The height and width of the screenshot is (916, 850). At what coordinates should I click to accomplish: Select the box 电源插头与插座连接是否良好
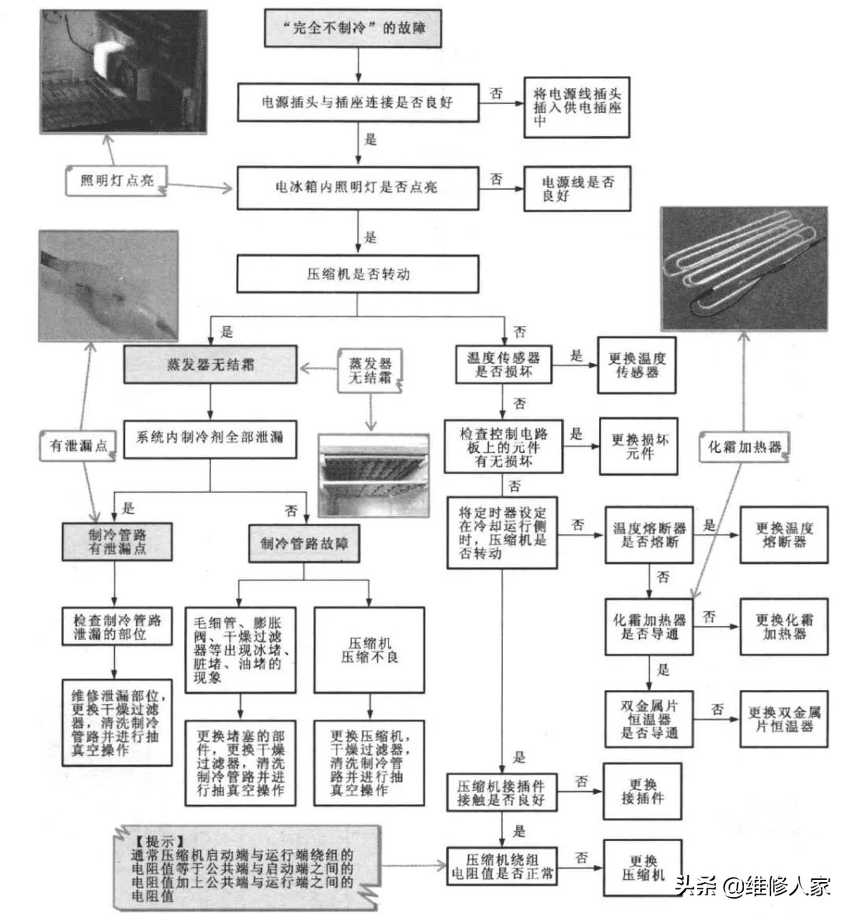(357, 102)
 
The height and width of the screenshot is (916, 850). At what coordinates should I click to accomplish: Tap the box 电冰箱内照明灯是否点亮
(357, 187)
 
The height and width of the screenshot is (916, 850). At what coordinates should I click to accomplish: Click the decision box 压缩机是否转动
(357, 274)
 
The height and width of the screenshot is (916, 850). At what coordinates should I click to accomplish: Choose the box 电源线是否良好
(577, 188)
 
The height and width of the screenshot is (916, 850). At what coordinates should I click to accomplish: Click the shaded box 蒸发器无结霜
(210, 365)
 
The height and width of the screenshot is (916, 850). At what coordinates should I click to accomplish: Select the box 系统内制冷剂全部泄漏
(210, 438)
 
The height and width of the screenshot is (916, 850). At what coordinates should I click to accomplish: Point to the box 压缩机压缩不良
(369, 650)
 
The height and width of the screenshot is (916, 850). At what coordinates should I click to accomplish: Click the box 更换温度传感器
(637, 365)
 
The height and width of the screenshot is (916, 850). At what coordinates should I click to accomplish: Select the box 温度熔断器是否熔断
(649, 536)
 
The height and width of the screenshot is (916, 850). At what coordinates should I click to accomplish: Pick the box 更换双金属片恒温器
(784, 718)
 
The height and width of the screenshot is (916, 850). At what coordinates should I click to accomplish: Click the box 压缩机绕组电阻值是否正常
(502, 866)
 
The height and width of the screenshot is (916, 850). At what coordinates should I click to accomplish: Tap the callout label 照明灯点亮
(116, 181)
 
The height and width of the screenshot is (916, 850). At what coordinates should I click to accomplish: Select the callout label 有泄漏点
(79, 446)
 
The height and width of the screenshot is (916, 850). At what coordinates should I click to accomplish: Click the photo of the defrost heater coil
(744, 268)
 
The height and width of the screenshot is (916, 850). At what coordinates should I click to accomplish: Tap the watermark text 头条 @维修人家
(752, 887)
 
